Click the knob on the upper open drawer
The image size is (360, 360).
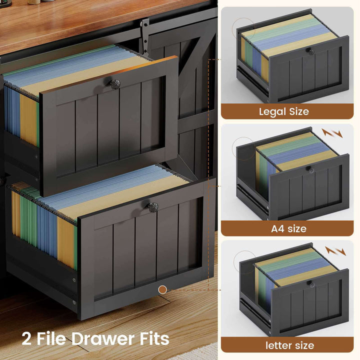[109, 83]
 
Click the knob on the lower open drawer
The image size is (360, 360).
[153, 207]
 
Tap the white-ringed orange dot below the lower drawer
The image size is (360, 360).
[162, 289]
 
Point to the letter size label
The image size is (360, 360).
[290, 345]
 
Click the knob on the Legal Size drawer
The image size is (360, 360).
[310, 51]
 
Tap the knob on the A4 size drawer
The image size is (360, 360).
[311, 170]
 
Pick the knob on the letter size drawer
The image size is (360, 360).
[310, 284]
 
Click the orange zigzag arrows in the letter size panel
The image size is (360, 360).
[335, 250]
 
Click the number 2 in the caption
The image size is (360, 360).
[28, 338]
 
